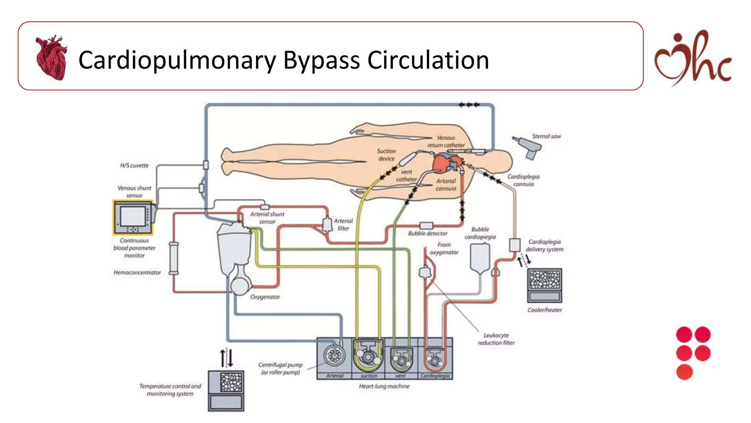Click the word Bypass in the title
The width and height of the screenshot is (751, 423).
point(322,61)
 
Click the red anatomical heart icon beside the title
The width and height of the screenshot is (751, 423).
point(51,58)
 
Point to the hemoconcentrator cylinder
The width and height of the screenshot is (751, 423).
point(174,258)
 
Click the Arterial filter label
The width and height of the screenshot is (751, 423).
point(343,224)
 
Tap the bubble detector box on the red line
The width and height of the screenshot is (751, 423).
point(426,225)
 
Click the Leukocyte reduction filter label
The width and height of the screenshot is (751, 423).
point(496,339)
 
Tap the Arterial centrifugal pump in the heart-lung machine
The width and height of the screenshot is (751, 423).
point(334,355)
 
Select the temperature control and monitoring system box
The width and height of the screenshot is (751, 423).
point(226,391)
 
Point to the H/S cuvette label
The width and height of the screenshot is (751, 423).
point(134,166)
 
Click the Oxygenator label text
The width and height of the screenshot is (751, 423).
point(265,297)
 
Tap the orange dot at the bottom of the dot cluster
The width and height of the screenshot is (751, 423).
point(684,372)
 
